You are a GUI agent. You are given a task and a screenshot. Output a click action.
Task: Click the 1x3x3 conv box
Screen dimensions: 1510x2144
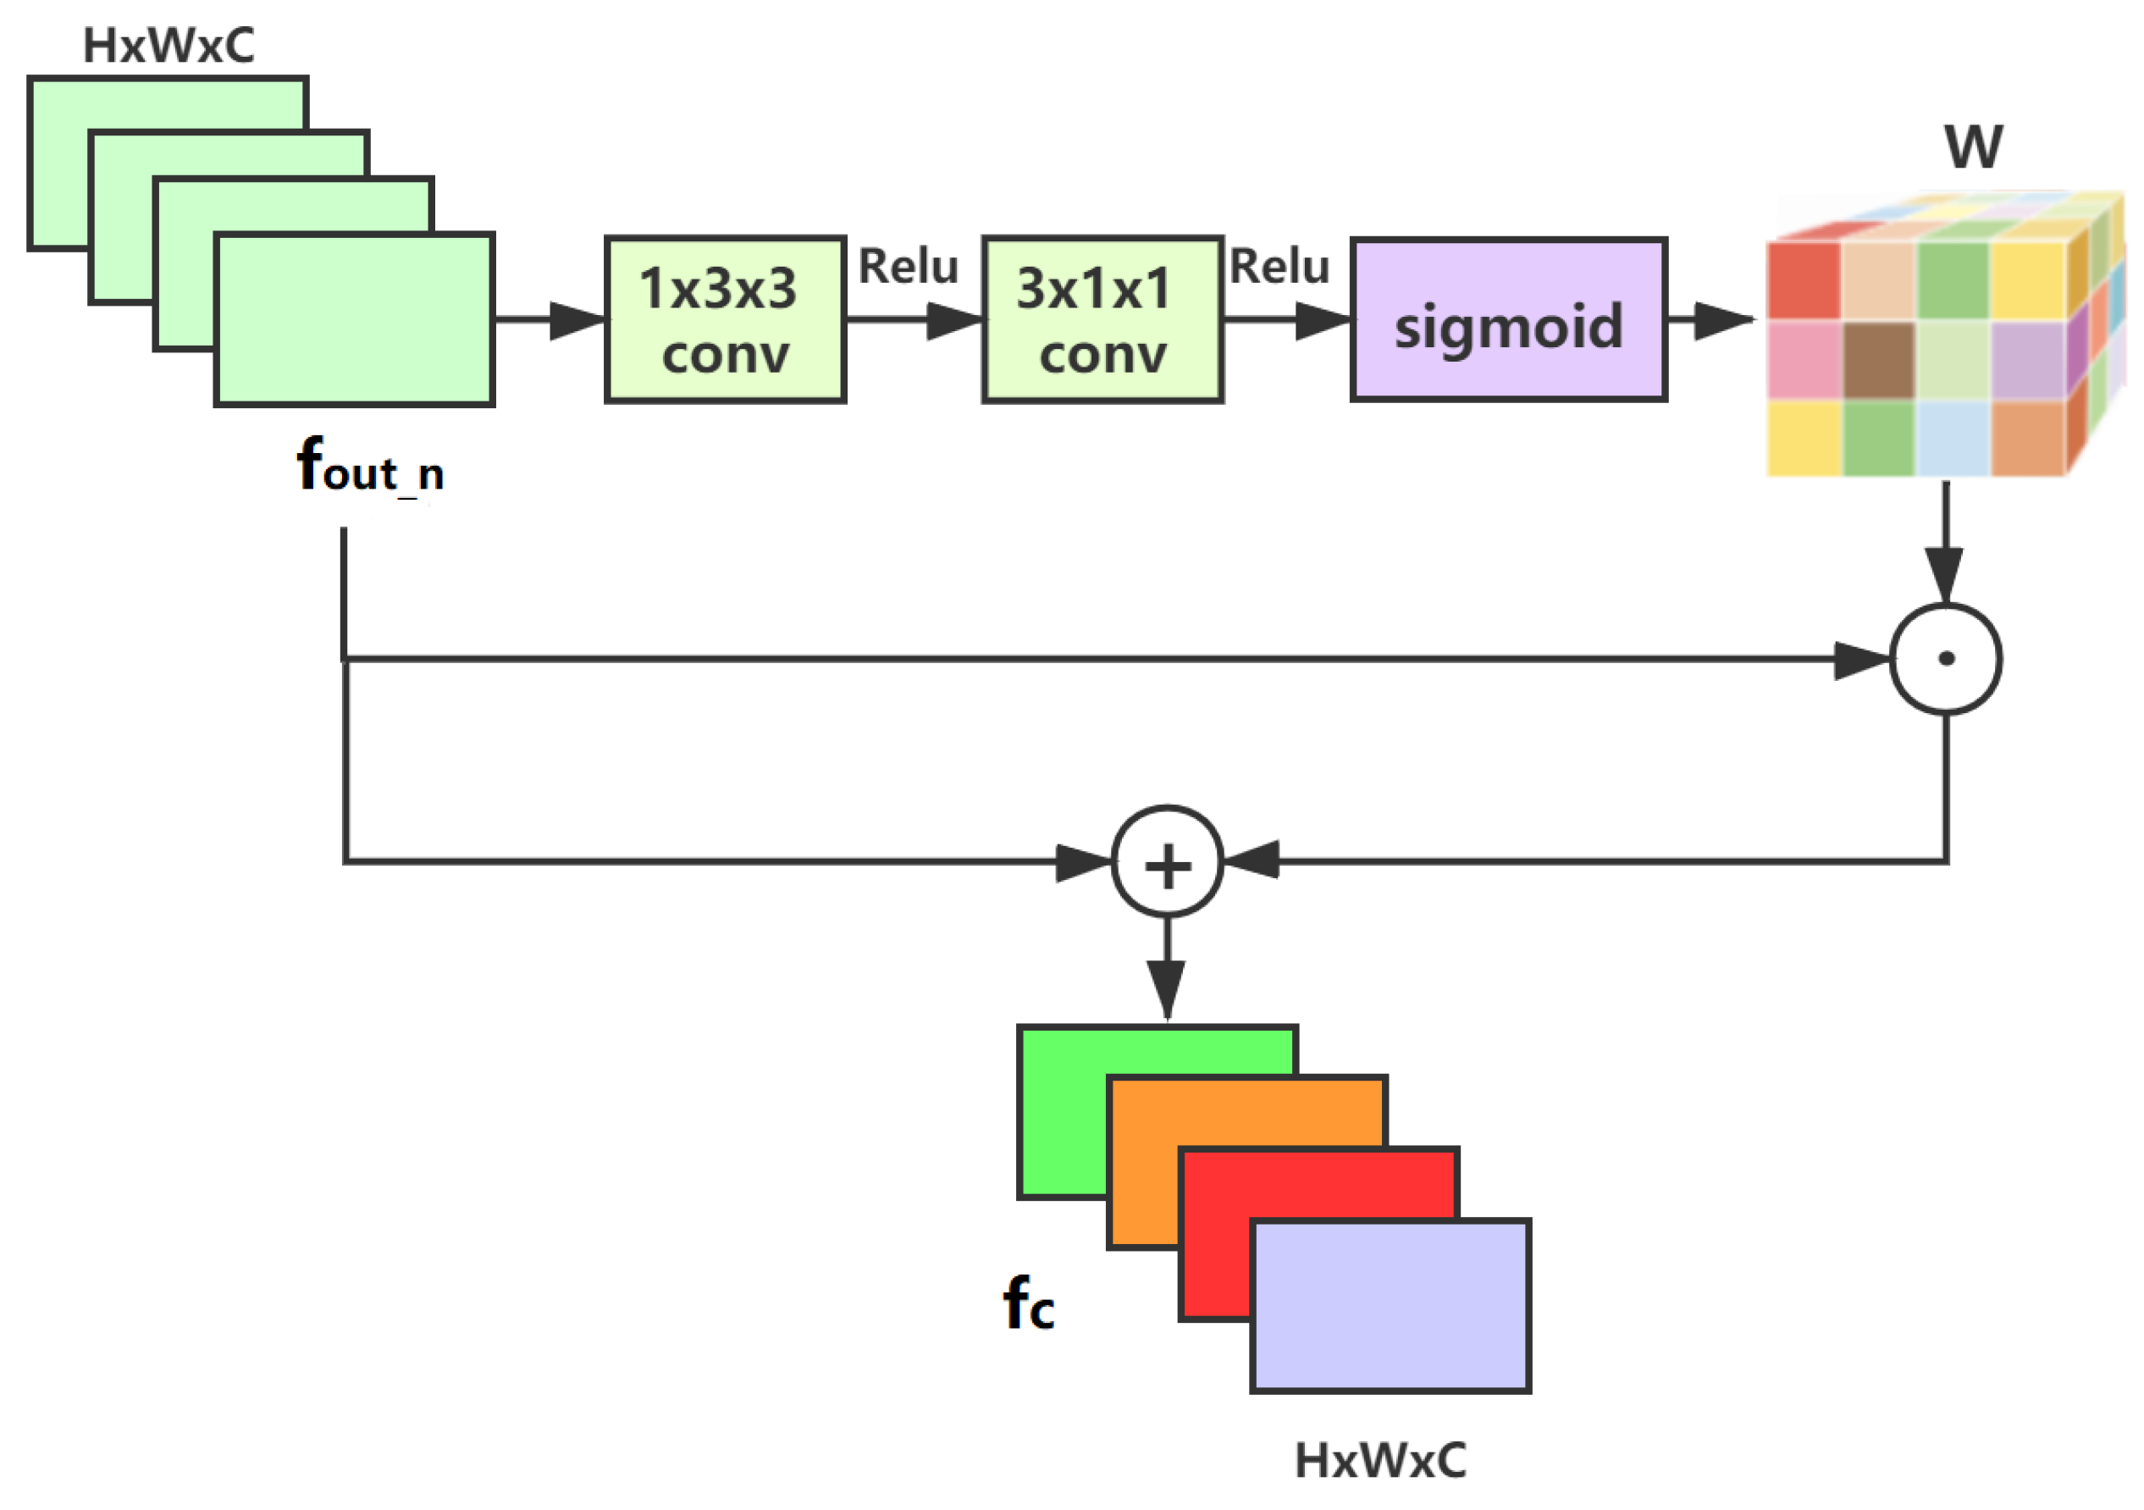click(x=725, y=319)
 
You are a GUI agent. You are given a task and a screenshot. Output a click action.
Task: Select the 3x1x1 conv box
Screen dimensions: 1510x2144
click(x=1102, y=319)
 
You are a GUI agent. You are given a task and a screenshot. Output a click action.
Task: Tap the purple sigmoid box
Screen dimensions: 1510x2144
click(x=1507, y=319)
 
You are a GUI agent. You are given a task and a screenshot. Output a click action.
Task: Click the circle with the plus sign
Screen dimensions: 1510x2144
click(x=1166, y=861)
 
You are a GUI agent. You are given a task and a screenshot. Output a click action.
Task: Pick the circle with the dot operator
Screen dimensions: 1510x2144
click(x=1945, y=658)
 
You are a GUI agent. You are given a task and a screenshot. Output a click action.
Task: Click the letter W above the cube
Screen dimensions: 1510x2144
click(x=1972, y=147)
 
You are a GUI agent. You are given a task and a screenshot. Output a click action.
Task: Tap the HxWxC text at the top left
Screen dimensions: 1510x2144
click(x=169, y=45)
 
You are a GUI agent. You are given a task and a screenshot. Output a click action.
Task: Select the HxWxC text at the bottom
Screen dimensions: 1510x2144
click(x=1380, y=1459)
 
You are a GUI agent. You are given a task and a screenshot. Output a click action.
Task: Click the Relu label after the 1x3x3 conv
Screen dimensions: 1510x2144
click(x=908, y=266)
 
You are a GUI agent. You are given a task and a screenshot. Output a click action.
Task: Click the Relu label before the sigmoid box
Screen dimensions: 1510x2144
click(x=1279, y=266)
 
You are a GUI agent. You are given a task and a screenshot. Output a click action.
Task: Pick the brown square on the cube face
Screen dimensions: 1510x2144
click(x=1878, y=360)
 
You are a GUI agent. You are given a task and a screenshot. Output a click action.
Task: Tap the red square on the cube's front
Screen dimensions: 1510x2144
click(x=1802, y=280)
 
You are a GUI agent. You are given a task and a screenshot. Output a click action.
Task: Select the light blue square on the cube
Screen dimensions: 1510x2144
click(x=1953, y=437)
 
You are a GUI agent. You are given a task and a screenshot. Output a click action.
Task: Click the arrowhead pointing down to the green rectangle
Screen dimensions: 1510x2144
click(x=1166, y=990)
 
